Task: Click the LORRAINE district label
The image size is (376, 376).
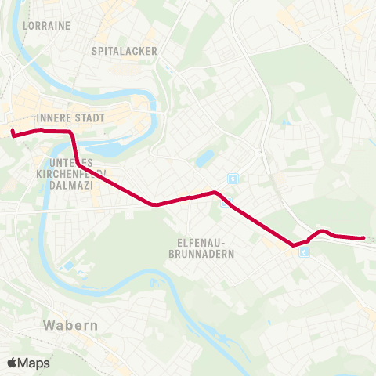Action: click(47, 25)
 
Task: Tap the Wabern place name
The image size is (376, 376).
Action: click(71, 324)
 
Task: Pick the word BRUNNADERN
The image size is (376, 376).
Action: click(201, 254)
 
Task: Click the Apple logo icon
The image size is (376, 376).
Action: click(13, 363)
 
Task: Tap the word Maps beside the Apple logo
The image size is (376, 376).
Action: click(34, 363)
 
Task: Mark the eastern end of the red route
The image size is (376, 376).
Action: click(363, 237)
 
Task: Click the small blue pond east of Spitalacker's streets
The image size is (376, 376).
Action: click(204, 159)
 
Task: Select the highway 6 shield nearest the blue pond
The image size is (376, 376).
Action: click(232, 179)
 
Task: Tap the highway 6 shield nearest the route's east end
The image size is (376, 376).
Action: click(304, 252)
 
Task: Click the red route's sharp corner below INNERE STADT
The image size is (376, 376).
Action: click(71, 132)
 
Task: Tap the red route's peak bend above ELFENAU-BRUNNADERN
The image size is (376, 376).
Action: click(214, 191)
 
